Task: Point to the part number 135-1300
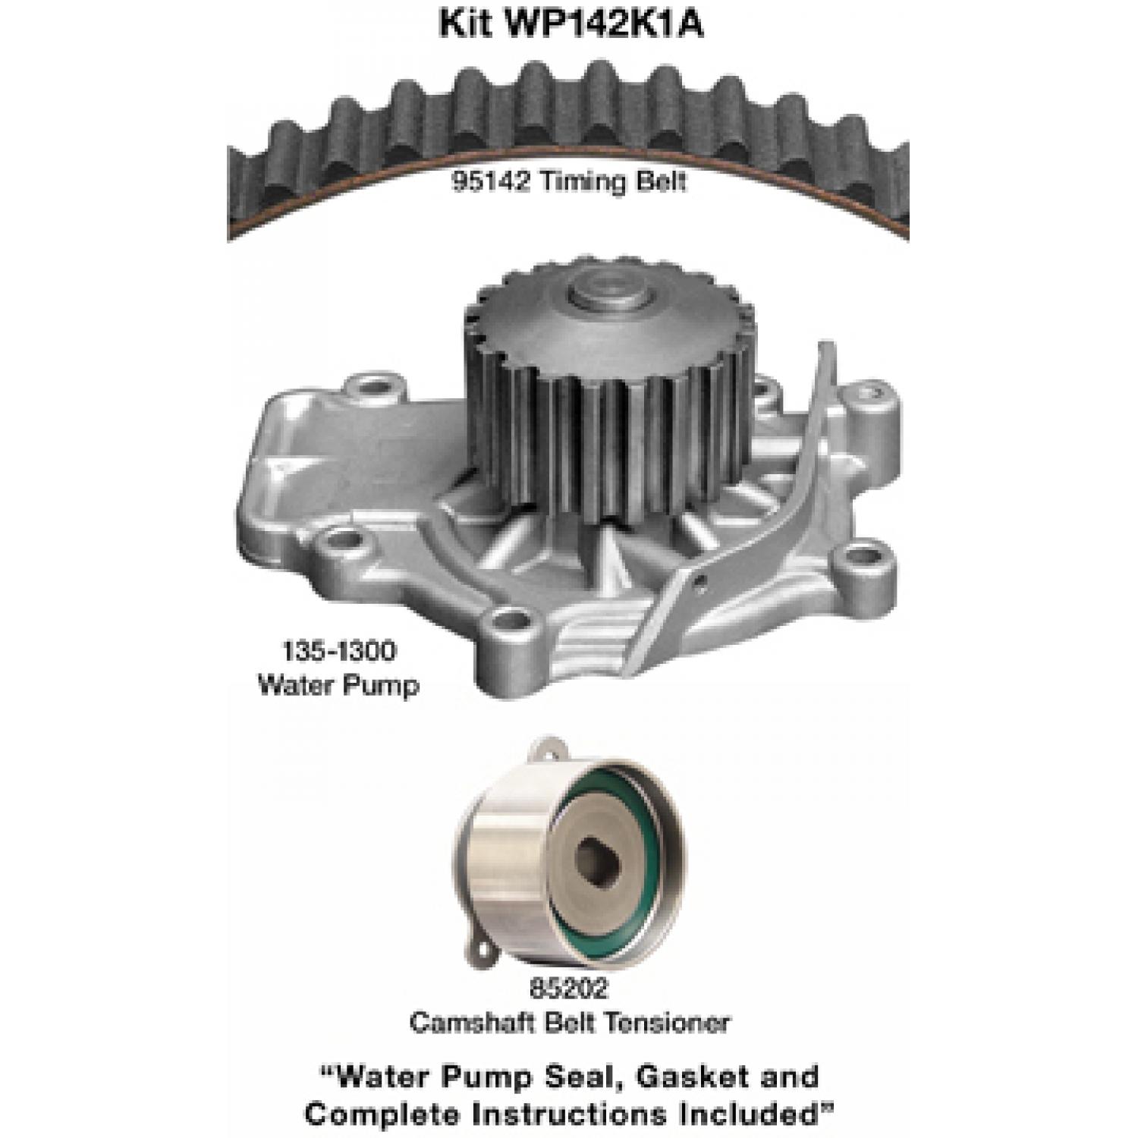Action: [x=338, y=651]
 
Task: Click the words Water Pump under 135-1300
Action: [x=338, y=686]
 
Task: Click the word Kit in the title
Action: [x=462, y=24]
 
